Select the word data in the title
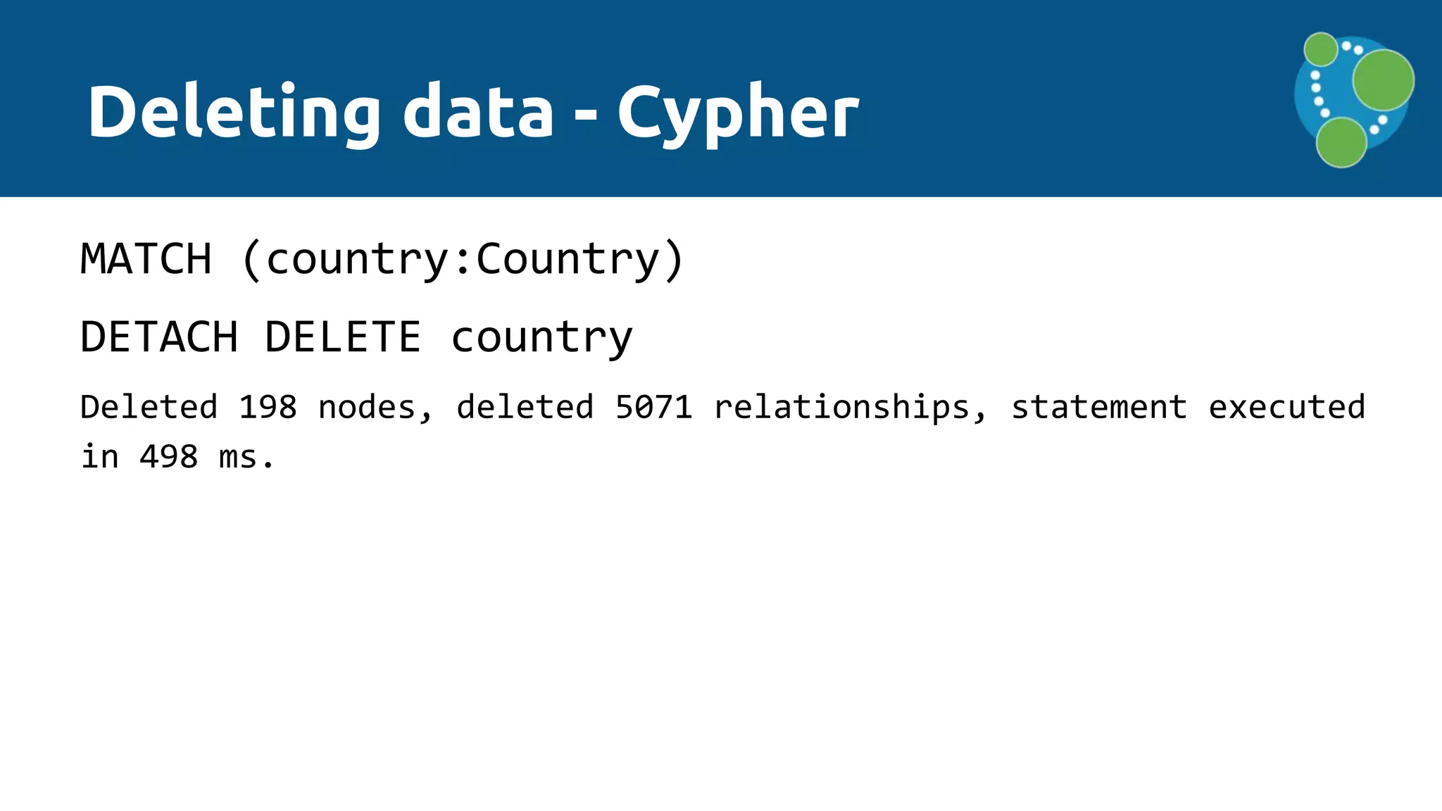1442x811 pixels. [478, 113]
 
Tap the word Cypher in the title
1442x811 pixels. [738, 113]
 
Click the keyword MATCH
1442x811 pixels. [146, 259]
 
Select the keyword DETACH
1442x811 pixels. [159, 337]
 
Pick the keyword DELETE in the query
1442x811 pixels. [343, 337]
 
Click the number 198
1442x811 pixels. [268, 408]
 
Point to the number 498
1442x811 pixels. [168, 457]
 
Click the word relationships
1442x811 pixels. [842, 408]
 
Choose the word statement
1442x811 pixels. [1099, 408]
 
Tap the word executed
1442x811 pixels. [1286, 408]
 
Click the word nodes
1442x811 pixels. [366, 408]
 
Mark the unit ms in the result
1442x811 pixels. [238, 457]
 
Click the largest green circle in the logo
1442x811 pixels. [1383, 80]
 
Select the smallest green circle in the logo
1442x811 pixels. [1321, 49]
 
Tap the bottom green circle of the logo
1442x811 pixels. [1341, 143]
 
